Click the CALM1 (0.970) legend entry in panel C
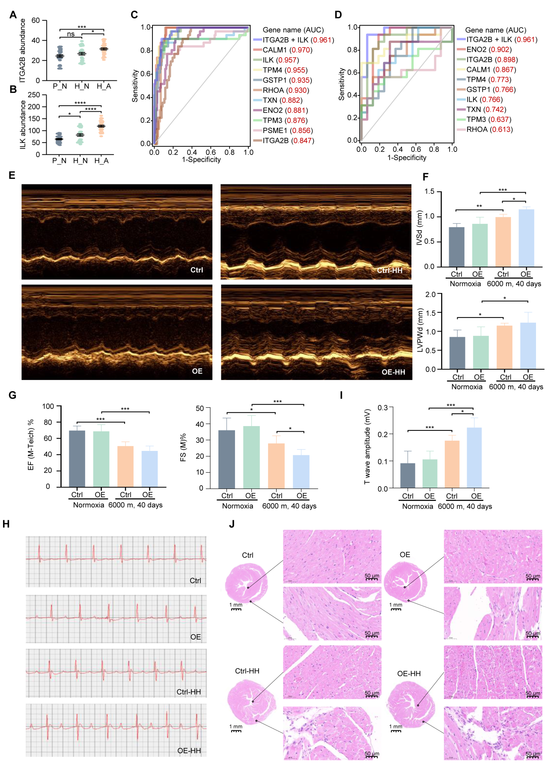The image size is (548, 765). pyautogui.click(x=287, y=50)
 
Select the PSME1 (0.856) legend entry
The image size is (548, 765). pyautogui.click(x=287, y=130)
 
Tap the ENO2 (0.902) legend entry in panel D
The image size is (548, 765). pyautogui.click(x=488, y=50)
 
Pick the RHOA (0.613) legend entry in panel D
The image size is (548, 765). pyautogui.click(x=489, y=130)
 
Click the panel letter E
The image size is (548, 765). pyautogui.click(x=12, y=175)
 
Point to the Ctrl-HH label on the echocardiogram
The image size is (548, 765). pyautogui.click(x=389, y=270)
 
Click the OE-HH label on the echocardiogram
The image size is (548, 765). pyautogui.click(x=393, y=372)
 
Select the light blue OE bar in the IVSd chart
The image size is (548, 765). pyautogui.click(x=526, y=238)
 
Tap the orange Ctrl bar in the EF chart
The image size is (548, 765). pyautogui.click(x=125, y=466)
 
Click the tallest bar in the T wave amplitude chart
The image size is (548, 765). pyautogui.click(x=474, y=458)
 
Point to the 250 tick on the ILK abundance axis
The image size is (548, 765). pyautogui.click(x=34, y=95)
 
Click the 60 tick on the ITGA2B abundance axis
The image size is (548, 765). pyautogui.click(x=36, y=21)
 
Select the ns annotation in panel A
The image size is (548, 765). pyautogui.click(x=71, y=34)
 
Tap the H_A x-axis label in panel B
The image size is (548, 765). pyautogui.click(x=101, y=161)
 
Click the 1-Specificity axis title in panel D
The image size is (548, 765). pyautogui.click(x=407, y=157)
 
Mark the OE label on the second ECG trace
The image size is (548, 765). pyautogui.click(x=195, y=637)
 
